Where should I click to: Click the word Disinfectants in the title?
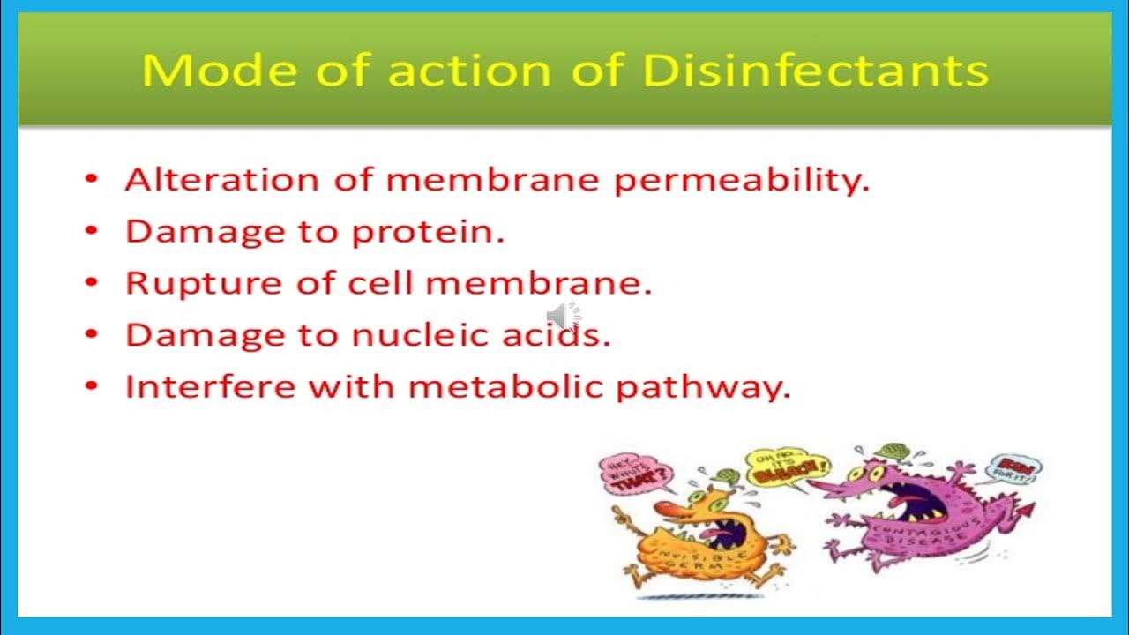(x=816, y=71)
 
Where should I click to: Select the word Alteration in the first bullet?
(x=221, y=180)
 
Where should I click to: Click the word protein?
(x=428, y=233)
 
